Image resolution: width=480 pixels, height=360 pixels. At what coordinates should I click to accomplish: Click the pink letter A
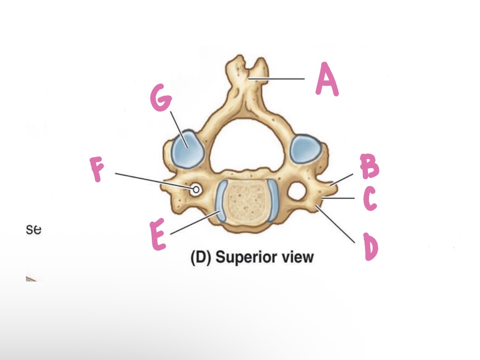click(327, 79)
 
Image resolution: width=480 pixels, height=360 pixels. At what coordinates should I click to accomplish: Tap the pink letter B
click(370, 166)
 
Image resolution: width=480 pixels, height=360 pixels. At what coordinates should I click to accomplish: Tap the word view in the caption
click(298, 257)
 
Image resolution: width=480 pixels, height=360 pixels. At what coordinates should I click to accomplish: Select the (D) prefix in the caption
click(200, 257)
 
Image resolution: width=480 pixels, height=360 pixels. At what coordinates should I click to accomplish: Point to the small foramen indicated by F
click(196, 190)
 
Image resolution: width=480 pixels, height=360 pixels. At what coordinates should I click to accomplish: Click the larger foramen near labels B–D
click(297, 192)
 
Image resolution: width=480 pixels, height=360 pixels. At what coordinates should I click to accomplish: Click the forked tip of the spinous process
click(247, 66)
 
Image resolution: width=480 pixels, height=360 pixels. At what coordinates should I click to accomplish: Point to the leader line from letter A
click(281, 79)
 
